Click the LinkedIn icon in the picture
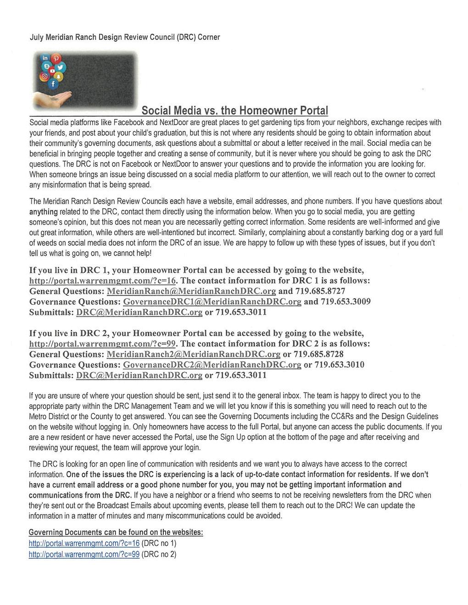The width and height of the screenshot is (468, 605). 45,58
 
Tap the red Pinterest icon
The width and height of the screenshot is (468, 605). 56,58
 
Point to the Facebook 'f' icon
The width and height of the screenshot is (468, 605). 53,84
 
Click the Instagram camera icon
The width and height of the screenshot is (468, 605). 45,77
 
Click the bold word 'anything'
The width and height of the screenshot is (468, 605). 44,212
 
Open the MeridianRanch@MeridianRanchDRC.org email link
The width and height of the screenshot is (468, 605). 191,291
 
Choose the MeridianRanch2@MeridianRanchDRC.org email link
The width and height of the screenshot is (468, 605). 193,355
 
